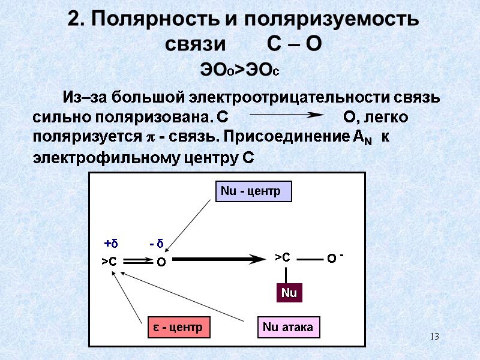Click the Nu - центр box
[x=253, y=191]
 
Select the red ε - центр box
[x=178, y=327]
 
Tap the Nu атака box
[x=289, y=327]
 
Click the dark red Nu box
[x=289, y=293]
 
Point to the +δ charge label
[x=111, y=244]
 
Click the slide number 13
[x=434, y=337]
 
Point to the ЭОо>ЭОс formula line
[x=240, y=70]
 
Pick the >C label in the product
[x=282, y=257]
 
